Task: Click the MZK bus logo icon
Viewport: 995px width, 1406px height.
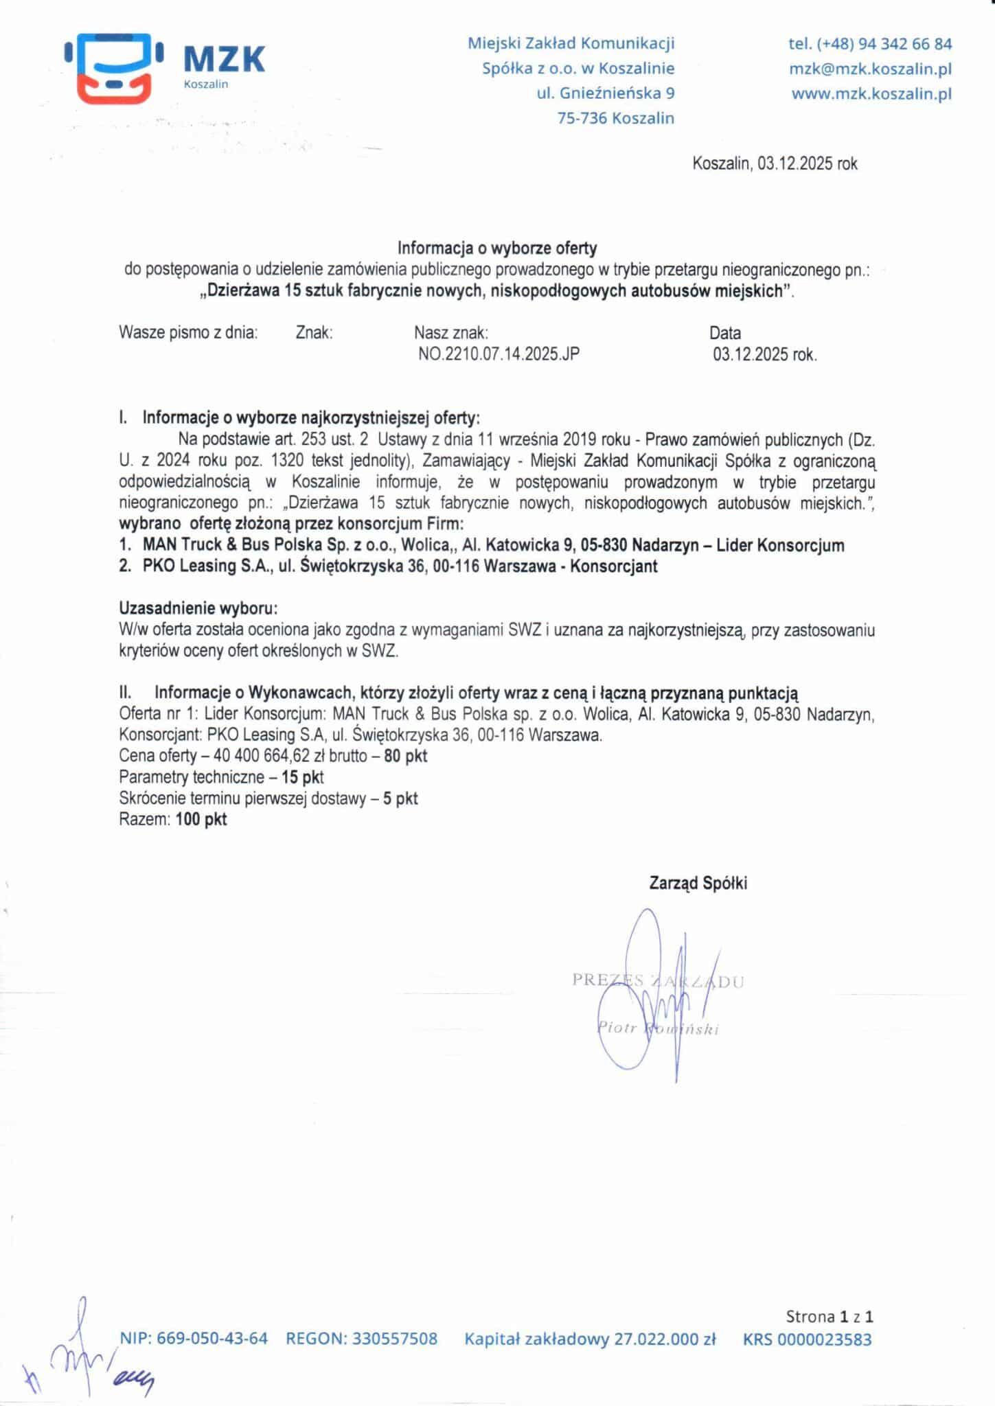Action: click(114, 67)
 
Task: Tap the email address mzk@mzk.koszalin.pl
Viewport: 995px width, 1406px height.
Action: click(870, 69)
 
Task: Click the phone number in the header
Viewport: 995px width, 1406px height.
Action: click(870, 44)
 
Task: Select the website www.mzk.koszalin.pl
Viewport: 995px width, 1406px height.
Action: click(871, 94)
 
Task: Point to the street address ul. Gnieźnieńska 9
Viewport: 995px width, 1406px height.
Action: click(605, 93)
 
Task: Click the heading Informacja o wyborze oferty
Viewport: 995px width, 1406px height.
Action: click(497, 248)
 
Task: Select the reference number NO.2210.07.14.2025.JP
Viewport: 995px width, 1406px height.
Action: click(499, 354)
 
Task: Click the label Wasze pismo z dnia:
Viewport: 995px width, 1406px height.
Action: click(188, 333)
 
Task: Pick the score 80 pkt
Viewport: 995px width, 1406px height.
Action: click(406, 756)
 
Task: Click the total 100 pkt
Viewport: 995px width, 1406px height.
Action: click(201, 819)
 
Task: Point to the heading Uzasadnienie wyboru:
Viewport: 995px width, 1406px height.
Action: click(198, 608)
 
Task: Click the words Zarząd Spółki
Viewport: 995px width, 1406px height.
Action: click(698, 884)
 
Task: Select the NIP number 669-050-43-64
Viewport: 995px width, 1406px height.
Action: click(212, 1338)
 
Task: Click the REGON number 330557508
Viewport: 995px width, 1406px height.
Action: click(395, 1338)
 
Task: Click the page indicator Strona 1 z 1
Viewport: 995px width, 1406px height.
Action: click(830, 1316)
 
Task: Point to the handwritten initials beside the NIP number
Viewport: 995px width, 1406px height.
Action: click(82, 1352)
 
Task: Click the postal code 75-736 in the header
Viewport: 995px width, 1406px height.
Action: click(582, 118)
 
